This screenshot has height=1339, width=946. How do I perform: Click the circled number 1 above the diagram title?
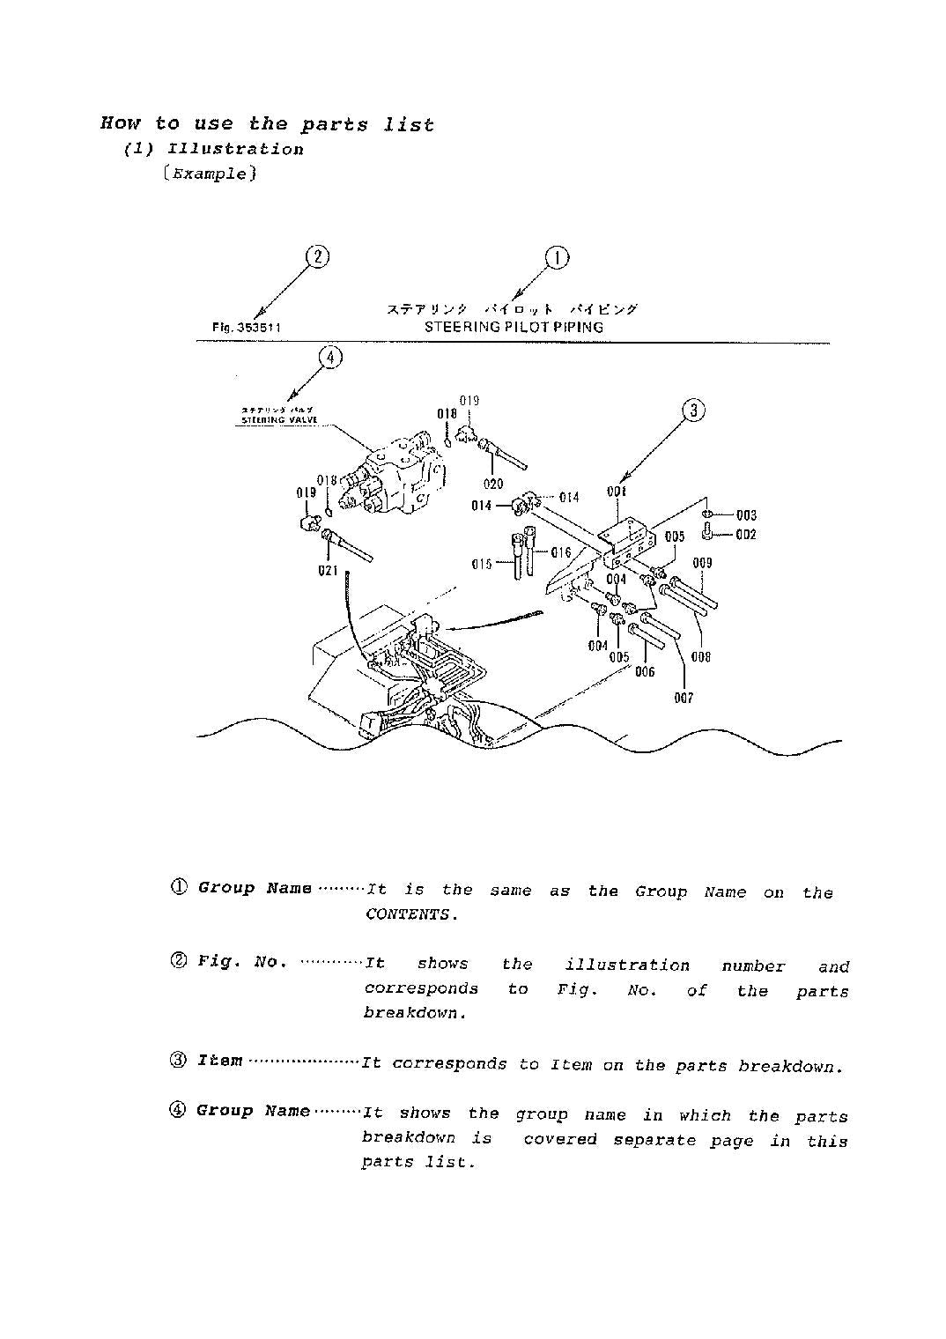(x=557, y=258)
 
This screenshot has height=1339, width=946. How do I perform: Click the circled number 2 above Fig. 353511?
(x=317, y=257)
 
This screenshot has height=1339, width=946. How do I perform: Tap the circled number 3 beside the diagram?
(x=694, y=410)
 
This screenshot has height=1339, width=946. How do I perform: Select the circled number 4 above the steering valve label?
(x=329, y=357)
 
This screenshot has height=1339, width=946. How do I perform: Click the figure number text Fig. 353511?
(x=247, y=328)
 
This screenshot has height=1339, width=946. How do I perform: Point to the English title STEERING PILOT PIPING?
(x=514, y=327)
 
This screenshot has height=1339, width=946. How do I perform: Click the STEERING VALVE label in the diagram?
(x=273, y=420)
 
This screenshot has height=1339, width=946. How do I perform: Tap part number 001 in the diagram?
(x=617, y=492)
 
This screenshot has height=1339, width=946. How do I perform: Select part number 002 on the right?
(x=746, y=535)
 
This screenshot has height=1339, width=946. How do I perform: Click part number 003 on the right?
(x=746, y=515)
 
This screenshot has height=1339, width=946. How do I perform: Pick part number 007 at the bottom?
(x=684, y=698)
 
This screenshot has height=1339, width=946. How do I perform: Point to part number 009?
(x=702, y=563)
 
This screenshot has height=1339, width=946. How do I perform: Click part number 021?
(x=328, y=571)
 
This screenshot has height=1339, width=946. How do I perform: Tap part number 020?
(x=493, y=484)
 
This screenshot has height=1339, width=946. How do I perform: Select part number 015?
(x=482, y=564)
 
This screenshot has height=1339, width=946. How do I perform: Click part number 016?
(x=561, y=553)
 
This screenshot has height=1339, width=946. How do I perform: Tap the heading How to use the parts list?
(x=267, y=124)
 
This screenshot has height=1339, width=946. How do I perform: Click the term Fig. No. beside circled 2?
(x=242, y=962)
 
